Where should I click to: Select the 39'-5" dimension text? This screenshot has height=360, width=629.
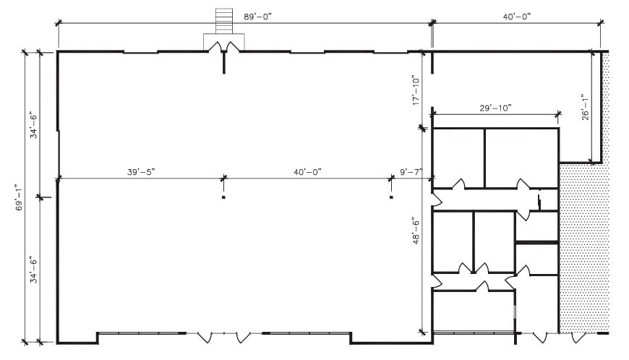point(141,172)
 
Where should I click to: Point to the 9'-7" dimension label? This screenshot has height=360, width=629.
point(411,172)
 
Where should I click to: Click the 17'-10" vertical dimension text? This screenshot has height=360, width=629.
point(416,90)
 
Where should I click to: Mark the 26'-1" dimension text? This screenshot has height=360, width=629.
point(586,106)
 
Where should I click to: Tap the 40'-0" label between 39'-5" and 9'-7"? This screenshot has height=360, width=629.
point(307,172)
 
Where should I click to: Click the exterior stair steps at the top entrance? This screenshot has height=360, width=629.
point(223,20)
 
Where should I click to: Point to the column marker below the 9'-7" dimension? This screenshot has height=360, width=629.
point(391,197)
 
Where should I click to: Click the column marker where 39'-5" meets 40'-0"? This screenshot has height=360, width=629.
point(224,197)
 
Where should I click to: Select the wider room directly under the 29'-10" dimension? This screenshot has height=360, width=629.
point(521,157)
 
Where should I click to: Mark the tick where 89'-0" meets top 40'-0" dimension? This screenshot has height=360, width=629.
point(432,24)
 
